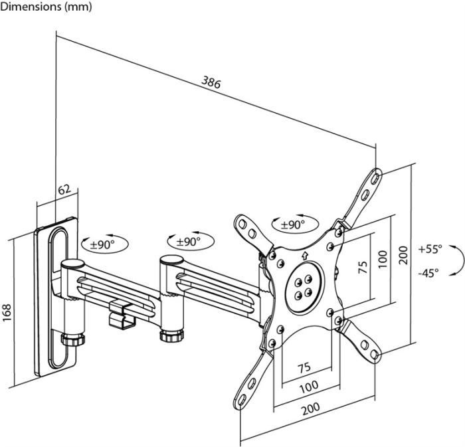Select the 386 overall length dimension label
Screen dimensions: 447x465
point(211,82)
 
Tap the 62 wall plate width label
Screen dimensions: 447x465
point(64,189)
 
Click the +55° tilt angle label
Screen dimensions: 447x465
point(430,250)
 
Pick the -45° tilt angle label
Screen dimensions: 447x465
point(428,272)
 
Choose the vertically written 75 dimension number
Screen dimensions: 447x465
point(363,267)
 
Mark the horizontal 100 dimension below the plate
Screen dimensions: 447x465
point(308,385)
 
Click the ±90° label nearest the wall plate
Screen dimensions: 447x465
point(102,244)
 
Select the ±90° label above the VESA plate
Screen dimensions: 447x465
point(292,224)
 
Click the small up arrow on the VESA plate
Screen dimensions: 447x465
point(304,256)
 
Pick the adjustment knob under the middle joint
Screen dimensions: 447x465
point(170,335)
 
